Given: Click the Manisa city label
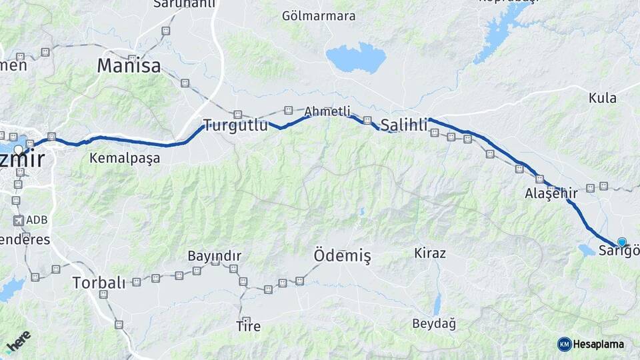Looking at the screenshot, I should pos(129,66).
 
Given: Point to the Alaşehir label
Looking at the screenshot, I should pos(551,193).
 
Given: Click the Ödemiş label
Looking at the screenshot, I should pos(342,255).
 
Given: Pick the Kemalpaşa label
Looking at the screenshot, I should pos(125,159).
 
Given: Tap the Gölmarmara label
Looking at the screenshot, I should pos(319,16).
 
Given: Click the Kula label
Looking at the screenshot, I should pos(602,98).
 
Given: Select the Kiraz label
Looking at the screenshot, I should pos(430,253).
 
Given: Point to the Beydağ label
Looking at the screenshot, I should pos(433,324).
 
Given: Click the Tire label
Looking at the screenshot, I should pos(249,327).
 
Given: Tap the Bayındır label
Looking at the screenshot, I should pos(214,256).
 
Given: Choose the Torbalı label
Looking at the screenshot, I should pos(98,282).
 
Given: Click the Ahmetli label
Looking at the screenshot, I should pos(327,112).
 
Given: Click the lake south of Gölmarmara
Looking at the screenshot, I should pos(356,58).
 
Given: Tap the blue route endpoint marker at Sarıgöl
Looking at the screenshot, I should pos(622,242).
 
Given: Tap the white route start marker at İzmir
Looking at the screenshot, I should pos(18,149).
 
